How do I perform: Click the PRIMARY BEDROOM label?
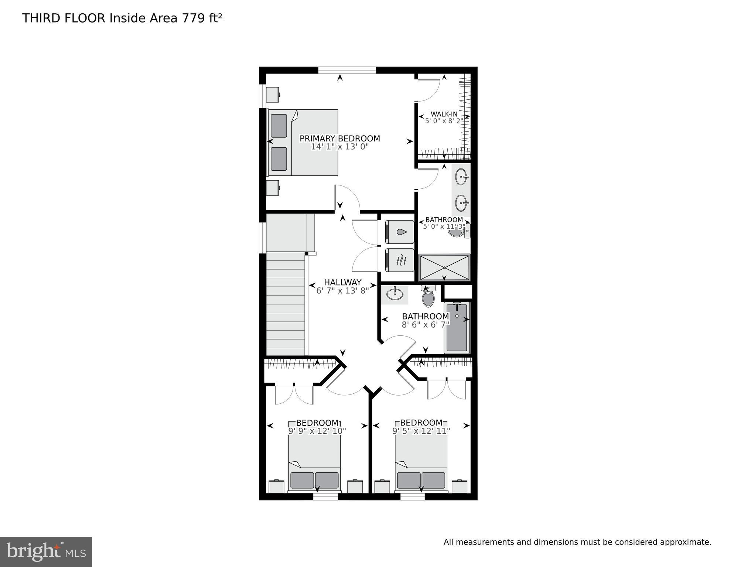[x=339, y=139]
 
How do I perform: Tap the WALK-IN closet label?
[x=444, y=114]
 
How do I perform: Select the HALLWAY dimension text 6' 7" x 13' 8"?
[x=342, y=291]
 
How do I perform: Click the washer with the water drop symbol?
[x=399, y=232]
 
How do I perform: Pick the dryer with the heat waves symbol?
[x=399, y=260]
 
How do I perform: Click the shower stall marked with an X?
[x=444, y=267]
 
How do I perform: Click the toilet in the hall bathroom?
[x=428, y=298]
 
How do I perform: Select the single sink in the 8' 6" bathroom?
[x=395, y=294]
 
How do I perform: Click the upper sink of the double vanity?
[x=461, y=177]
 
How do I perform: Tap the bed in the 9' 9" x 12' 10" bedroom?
[x=314, y=462]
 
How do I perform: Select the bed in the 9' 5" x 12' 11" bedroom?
[x=421, y=462]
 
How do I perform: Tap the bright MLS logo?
[x=46, y=551]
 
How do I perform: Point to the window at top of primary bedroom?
[x=347, y=70]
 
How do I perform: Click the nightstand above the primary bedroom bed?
[x=273, y=95]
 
